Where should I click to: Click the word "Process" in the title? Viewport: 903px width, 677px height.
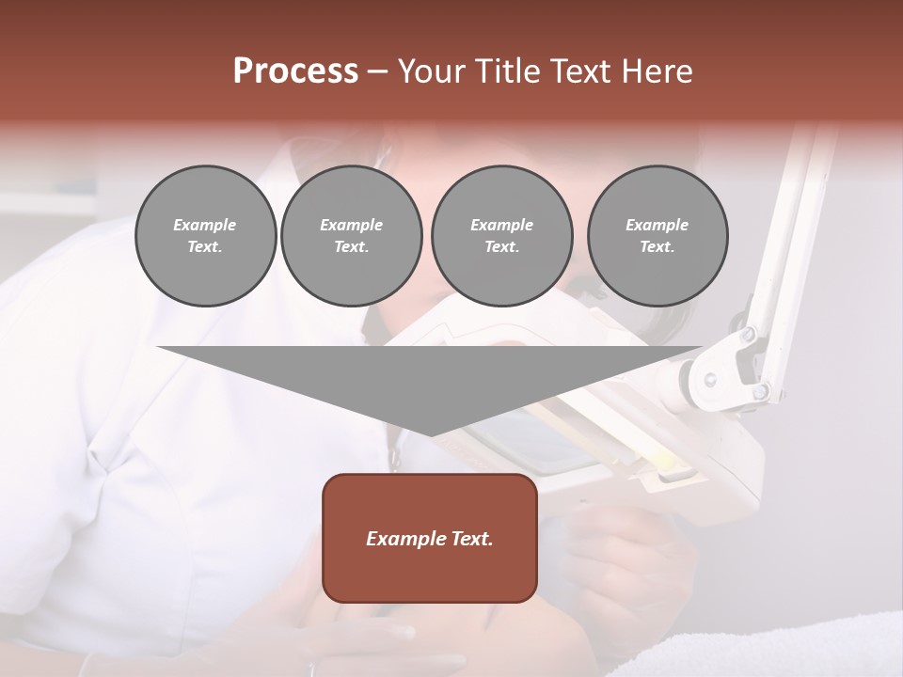(295, 71)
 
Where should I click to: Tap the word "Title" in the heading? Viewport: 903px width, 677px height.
(509, 71)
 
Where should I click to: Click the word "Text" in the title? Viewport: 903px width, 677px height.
(579, 71)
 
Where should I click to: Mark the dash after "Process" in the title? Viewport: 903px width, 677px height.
(377, 72)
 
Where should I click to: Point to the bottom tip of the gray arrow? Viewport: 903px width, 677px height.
(431, 434)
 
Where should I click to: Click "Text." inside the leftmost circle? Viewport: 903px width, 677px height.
(205, 247)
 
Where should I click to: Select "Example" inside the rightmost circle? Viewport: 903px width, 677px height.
(657, 225)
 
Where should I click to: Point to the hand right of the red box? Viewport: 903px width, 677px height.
(621, 555)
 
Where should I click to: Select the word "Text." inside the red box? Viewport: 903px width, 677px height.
(470, 539)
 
